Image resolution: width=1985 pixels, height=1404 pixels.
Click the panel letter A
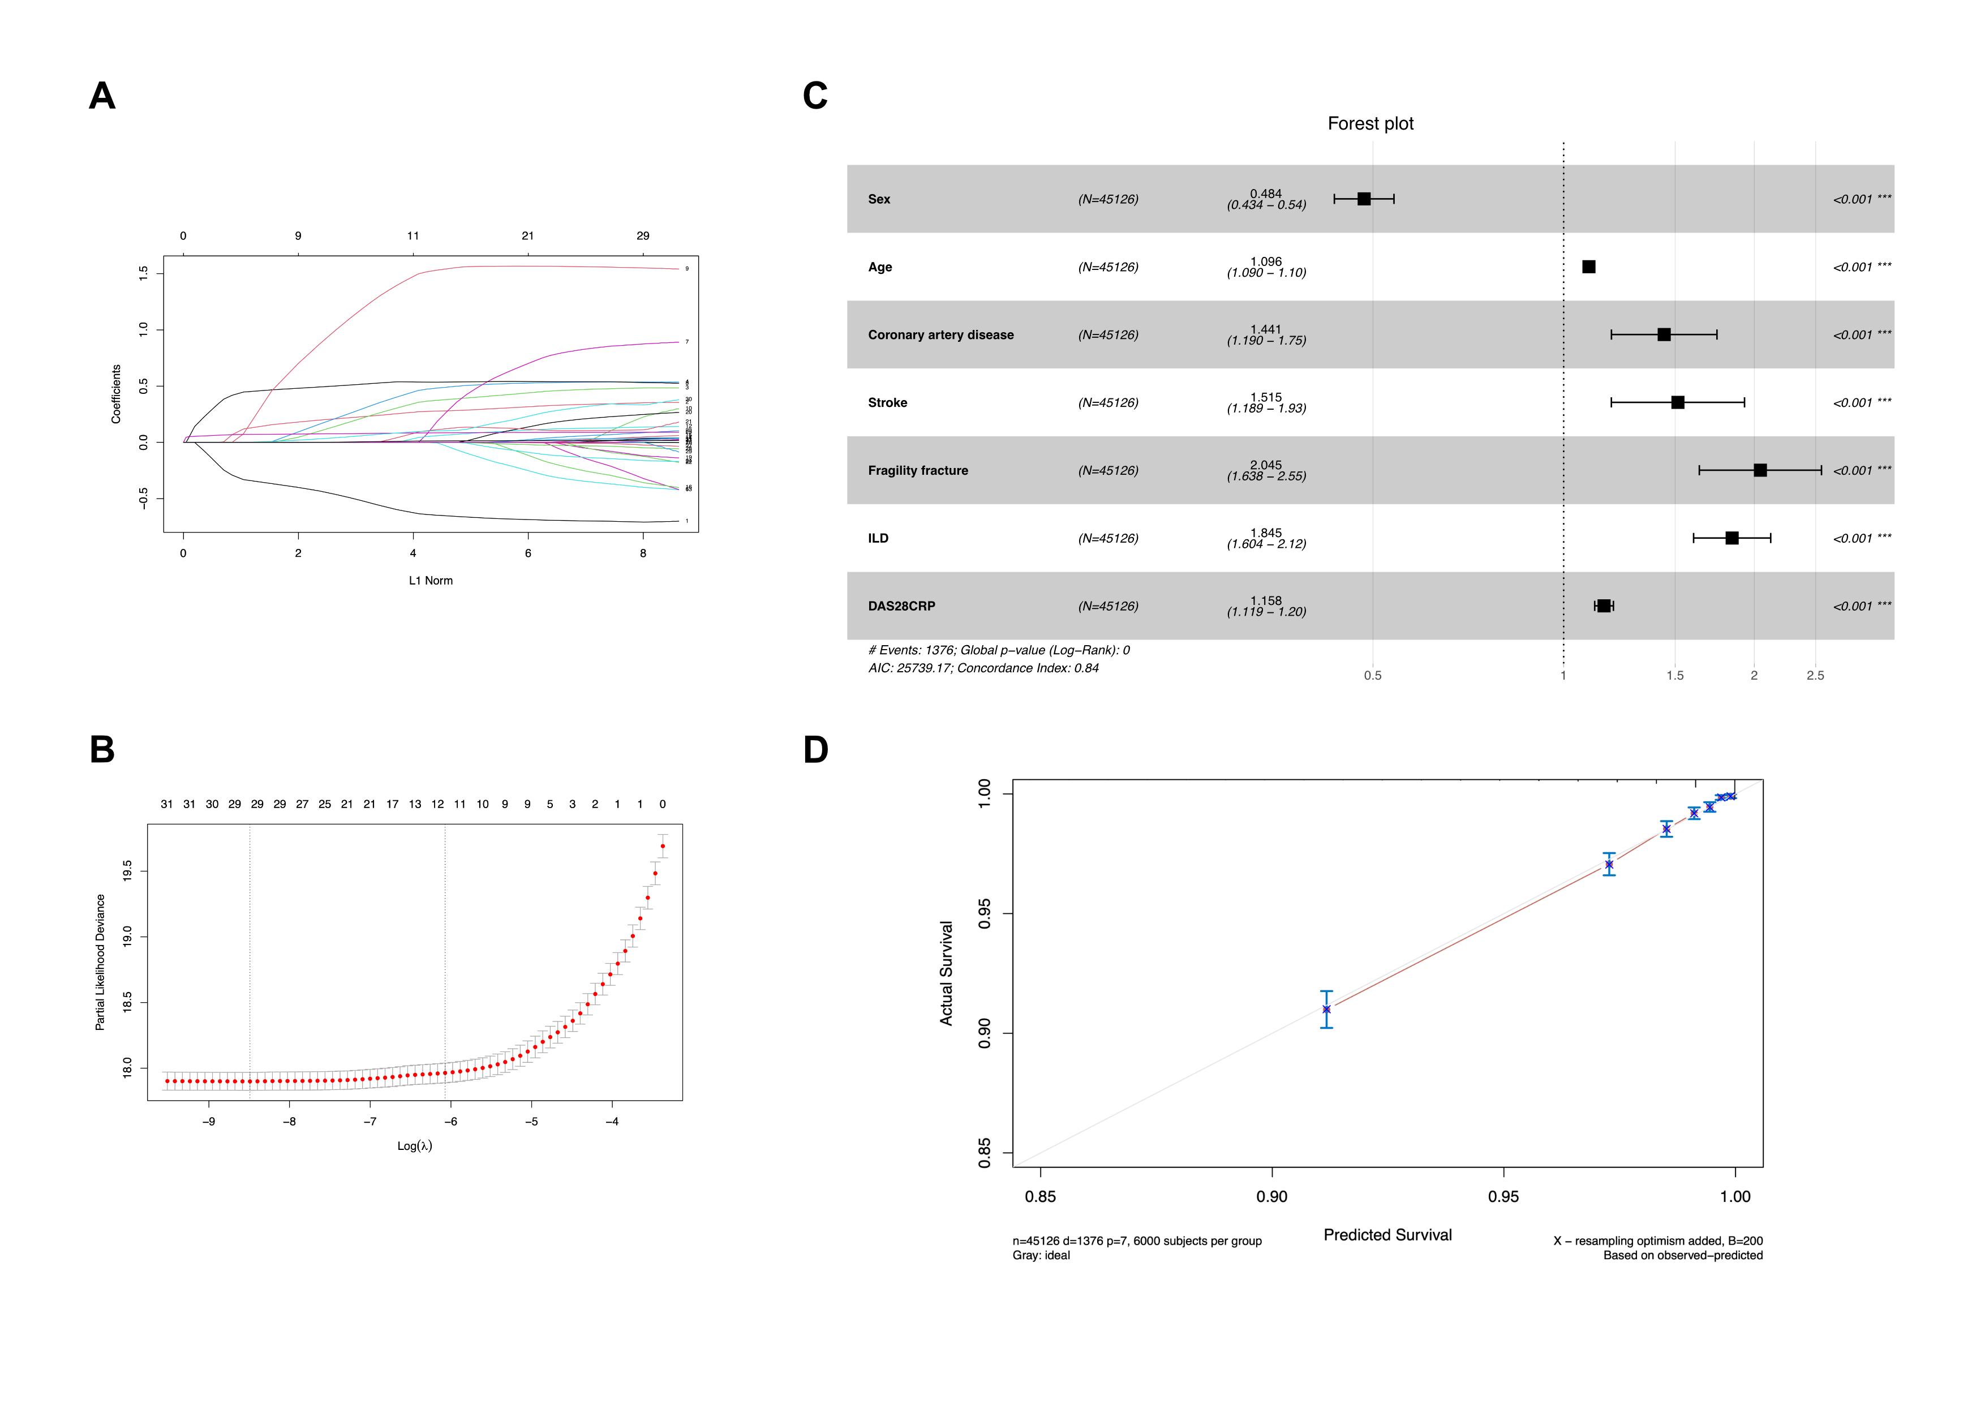pos(102,96)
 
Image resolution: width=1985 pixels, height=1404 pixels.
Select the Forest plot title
pos(1370,123)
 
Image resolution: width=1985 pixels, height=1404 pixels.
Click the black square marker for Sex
pos(1363,199)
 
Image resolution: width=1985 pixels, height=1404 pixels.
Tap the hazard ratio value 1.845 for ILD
pos(1266,533)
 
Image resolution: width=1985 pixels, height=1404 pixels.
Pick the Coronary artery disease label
pos(940,334)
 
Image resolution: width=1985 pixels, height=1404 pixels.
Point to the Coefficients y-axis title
pos(116,393)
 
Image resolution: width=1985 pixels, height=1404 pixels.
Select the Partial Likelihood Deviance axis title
pos(100,962)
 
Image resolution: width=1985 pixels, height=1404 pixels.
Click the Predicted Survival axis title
pos(1387,1235)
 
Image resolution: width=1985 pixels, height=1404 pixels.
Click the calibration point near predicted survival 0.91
pos(1326,1009)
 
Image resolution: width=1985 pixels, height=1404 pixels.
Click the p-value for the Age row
pos(1862,267)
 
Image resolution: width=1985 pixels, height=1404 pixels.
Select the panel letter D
pos(815,750)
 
